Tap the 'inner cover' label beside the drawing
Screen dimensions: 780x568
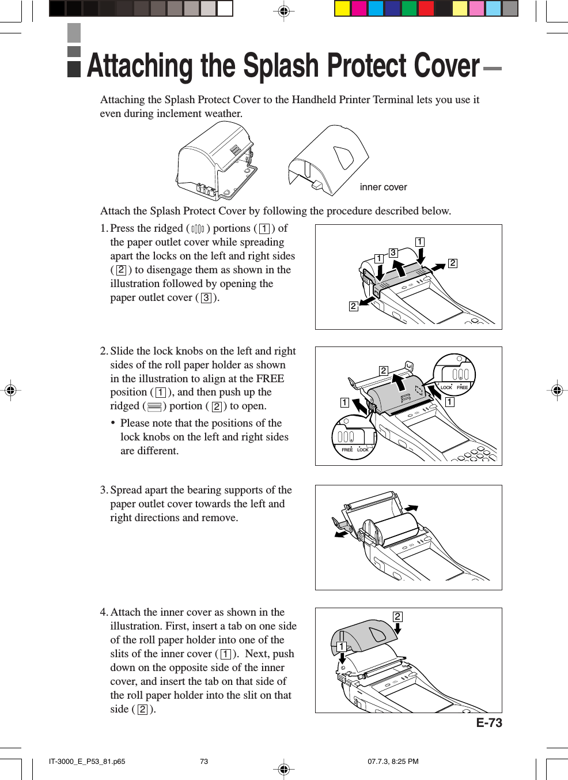[x=383, y=187]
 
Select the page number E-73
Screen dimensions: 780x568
[x=489, y=723]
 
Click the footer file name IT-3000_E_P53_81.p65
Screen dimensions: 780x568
[x=87, y=762]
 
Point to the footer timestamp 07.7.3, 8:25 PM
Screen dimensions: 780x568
[x=393, y=762]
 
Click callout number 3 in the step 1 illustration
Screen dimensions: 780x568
[x=393, y=253]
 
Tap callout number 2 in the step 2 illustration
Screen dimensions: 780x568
[x=384, y=371]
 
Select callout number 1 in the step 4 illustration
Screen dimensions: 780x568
[x=342, y=647]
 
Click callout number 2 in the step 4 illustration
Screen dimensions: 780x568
[x=397, y=617]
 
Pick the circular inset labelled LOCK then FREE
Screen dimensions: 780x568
[x=454, y=375]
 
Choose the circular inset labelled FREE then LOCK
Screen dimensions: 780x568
[x=354, y=438]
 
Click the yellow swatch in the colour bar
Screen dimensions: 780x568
[x=343, y=8]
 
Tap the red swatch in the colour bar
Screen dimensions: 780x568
[x=426, y=8]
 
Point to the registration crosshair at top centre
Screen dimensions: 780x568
[x=283, y=11]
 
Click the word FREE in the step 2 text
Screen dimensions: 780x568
[x=270, y=379]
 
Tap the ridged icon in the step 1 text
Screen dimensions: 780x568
[x=198, y=229]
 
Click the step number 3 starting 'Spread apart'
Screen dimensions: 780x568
[x=104, y=490]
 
